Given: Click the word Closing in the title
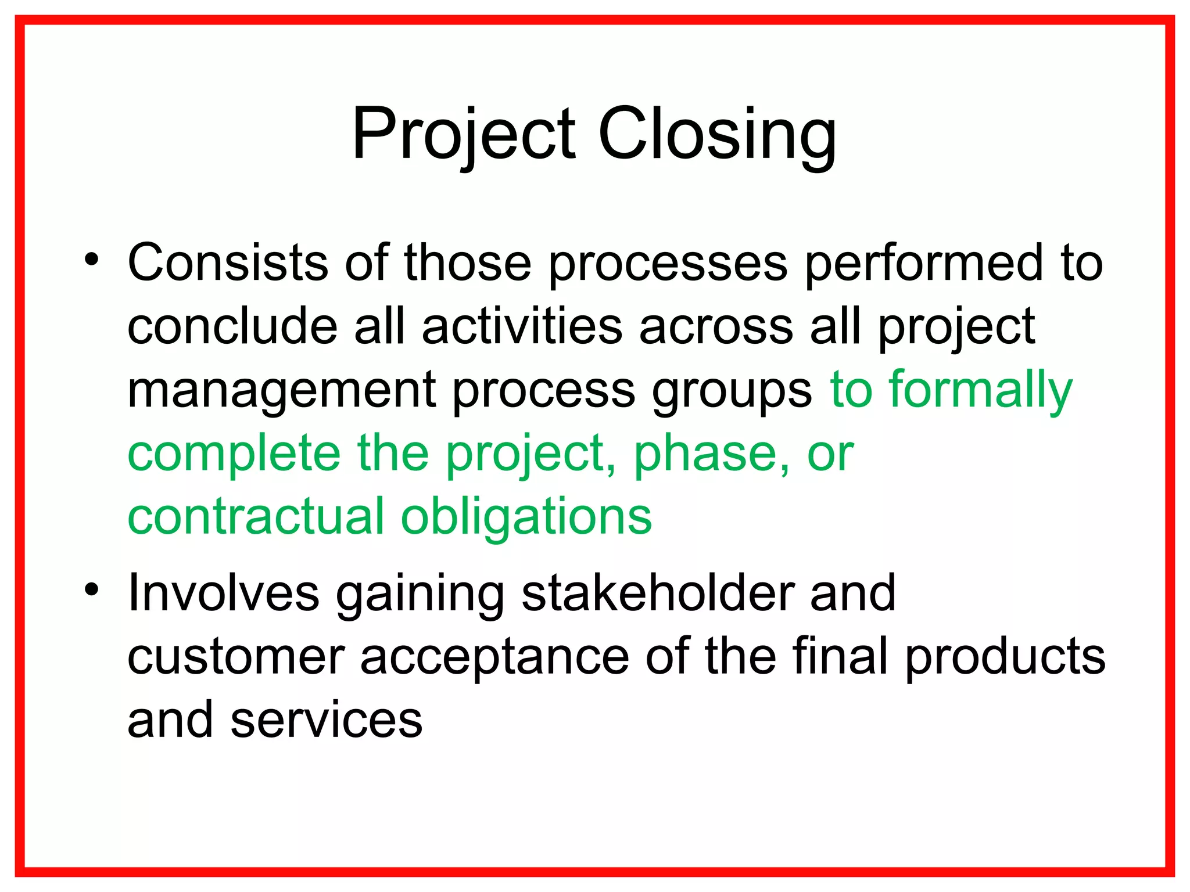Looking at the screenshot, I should coord(717,135).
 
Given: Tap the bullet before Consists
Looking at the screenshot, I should coord(91,258).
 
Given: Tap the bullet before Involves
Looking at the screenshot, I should coord(91,589).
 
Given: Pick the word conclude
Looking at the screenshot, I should coord(232,326).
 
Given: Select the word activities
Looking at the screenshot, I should coord(522,326).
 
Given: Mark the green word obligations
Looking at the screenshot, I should coord(526,517).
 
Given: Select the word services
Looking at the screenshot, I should coord(326,721).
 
